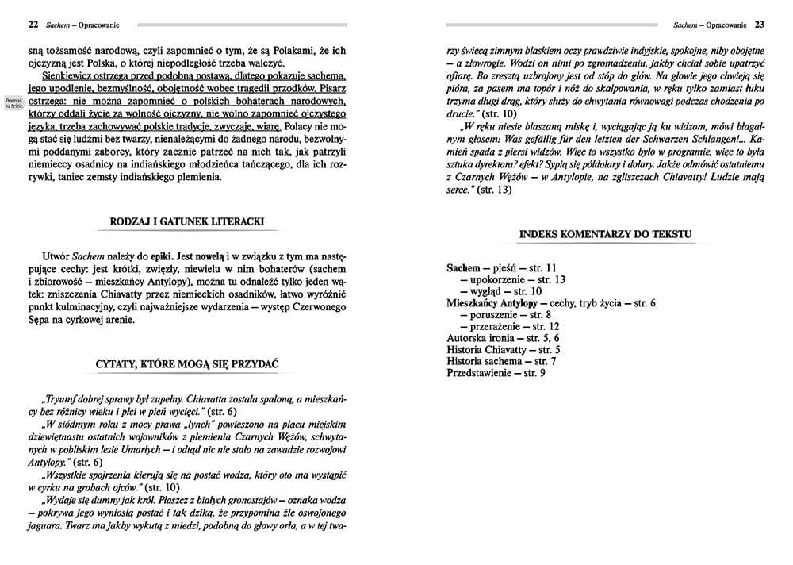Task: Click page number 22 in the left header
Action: [x=32, y=25]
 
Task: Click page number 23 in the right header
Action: [x=760, y=25]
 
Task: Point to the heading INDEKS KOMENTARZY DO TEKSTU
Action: [x=605, y=234]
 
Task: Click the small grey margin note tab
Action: [x=14, y=102]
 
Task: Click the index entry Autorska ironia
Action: [x=479, y=337]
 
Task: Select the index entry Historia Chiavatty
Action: [x=484, y=349]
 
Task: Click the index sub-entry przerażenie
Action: [x=495, y=326]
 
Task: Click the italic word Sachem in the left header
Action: [x=58, y=25]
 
